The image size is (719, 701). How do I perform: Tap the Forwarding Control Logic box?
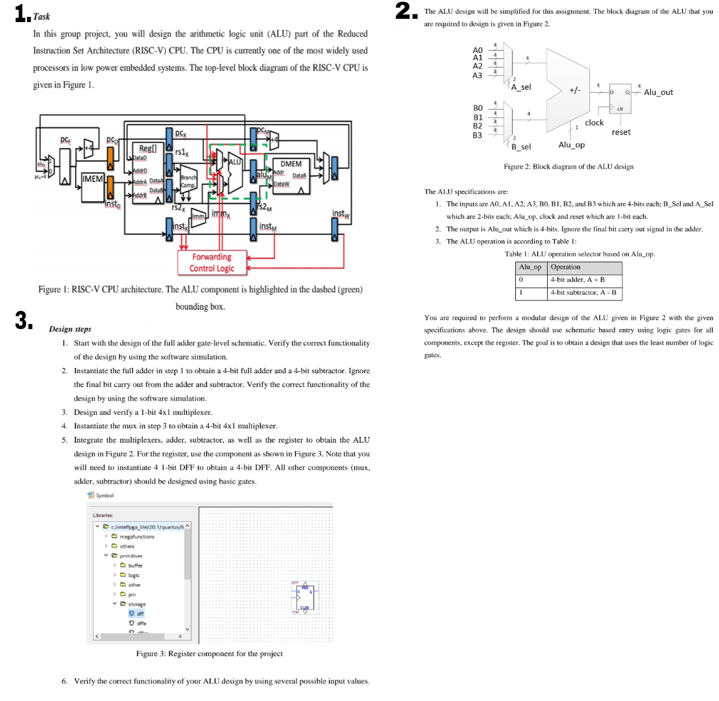pyautogui.click(x=212, y=262)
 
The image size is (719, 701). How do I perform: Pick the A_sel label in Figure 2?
pyautogui.click(x=521, y=87)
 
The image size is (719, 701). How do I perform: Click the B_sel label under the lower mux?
pyautogui.click(x=522, y=147)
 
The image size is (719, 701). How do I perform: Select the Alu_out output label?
pyautogui.click(x=658, y=92)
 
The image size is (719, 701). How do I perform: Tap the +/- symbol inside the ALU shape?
pyautogui.click(x=575, y=90)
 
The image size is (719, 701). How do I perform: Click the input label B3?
pyautogui.click(x=478, y=135)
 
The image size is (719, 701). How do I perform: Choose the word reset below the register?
pyautogui.click(x=621, y=132)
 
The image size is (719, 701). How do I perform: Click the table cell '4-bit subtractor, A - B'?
pyautogui.click(x=585, y=293)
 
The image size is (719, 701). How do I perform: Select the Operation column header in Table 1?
pyautogui.click(x=565, y=267)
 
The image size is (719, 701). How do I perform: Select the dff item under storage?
pyautogui.click(x=139, y=613)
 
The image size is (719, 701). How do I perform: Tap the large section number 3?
pyautogui.click(x=23, y=320)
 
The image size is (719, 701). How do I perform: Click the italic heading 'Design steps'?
pyautogui.click(x=70, y=329)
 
